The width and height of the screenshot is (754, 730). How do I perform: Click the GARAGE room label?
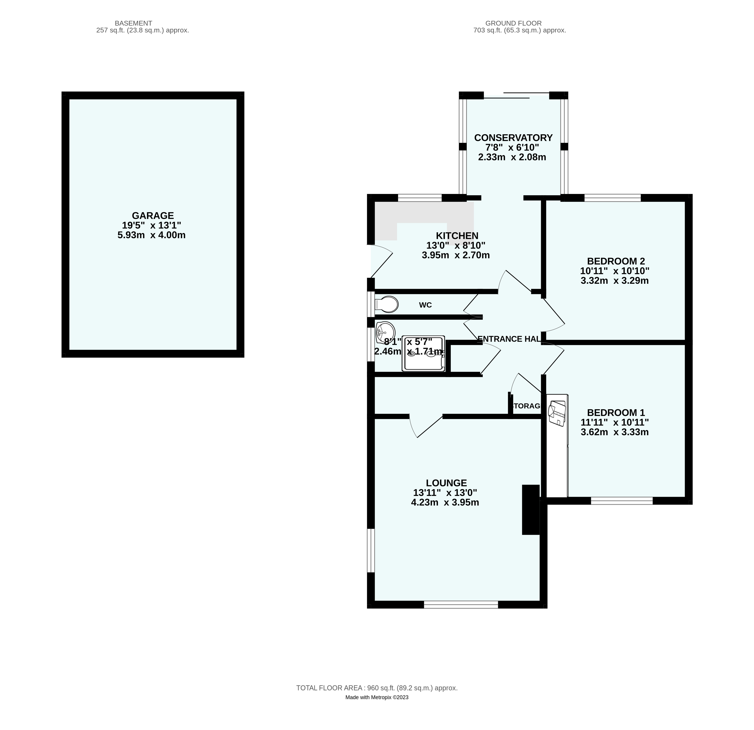point(153,216)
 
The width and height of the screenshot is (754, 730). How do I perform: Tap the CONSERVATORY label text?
point(513,138)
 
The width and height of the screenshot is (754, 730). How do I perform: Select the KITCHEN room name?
point(457,236)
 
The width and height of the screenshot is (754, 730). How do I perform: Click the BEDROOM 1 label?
point(616,412)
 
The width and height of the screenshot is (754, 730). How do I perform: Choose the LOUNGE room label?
point(446,483)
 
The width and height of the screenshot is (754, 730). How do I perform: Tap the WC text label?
point(425,305)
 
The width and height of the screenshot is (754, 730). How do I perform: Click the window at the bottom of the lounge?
point(461,605)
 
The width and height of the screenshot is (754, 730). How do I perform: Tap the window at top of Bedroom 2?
point(613,198)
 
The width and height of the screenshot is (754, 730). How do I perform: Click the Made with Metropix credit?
point(377,697)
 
